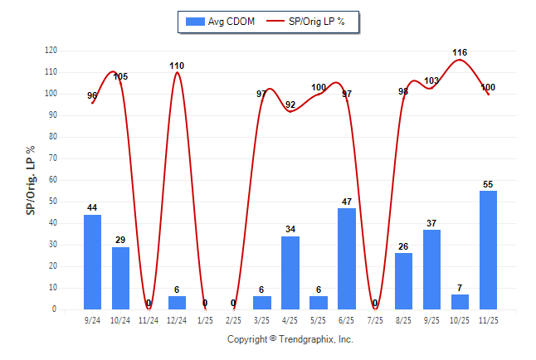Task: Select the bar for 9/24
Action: [92, 262]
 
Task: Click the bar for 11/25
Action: [488, 250]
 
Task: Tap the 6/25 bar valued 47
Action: [347, 259]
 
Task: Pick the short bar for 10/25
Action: [460, 302]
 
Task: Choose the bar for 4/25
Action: [290, 273]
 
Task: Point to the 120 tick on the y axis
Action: [51, 51]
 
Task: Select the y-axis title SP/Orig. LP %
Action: [31, 180]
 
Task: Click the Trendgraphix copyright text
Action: [290, 339]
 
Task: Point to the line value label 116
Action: [460, 52]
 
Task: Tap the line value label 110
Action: [177, 66]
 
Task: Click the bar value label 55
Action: [488, 184]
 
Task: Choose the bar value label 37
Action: [431, 223]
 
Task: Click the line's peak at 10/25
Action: [460, 60]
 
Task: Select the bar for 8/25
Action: [403, 281]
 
